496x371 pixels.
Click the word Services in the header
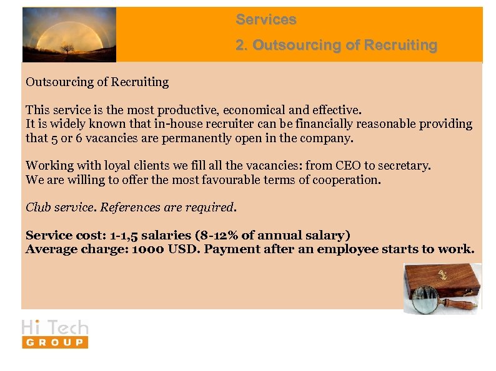coord(265,20)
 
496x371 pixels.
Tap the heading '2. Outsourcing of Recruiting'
coord(336,46)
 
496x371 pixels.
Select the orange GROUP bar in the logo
coord(55,342)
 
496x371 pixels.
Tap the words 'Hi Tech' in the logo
coord(55,327)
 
